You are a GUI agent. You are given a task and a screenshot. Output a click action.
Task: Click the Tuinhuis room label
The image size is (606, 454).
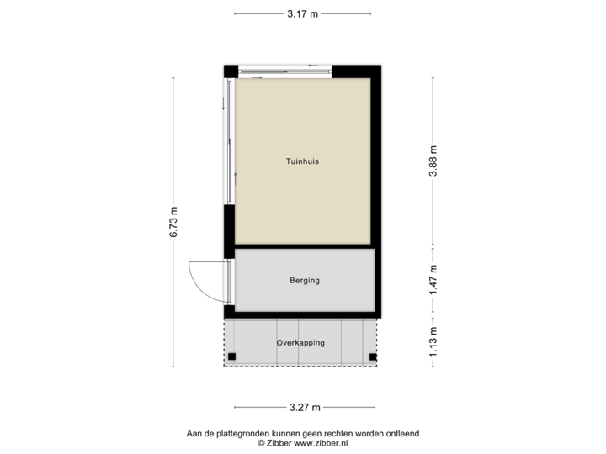[301, 161]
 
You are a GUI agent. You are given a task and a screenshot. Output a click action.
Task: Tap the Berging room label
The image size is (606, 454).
[305, 281]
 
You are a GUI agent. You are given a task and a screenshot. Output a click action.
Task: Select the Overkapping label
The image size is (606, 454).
[300, 343]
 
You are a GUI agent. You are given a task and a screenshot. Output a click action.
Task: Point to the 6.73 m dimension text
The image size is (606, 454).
[173, 223]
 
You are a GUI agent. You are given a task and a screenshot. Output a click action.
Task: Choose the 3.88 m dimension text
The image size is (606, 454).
[433, 162]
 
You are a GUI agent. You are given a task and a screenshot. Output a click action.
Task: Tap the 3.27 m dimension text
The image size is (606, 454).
[305, 408]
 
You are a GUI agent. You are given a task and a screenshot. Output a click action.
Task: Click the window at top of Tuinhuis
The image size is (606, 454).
[285, 71]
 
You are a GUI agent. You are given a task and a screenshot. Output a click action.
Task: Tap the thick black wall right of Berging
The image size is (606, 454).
[380, 282]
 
